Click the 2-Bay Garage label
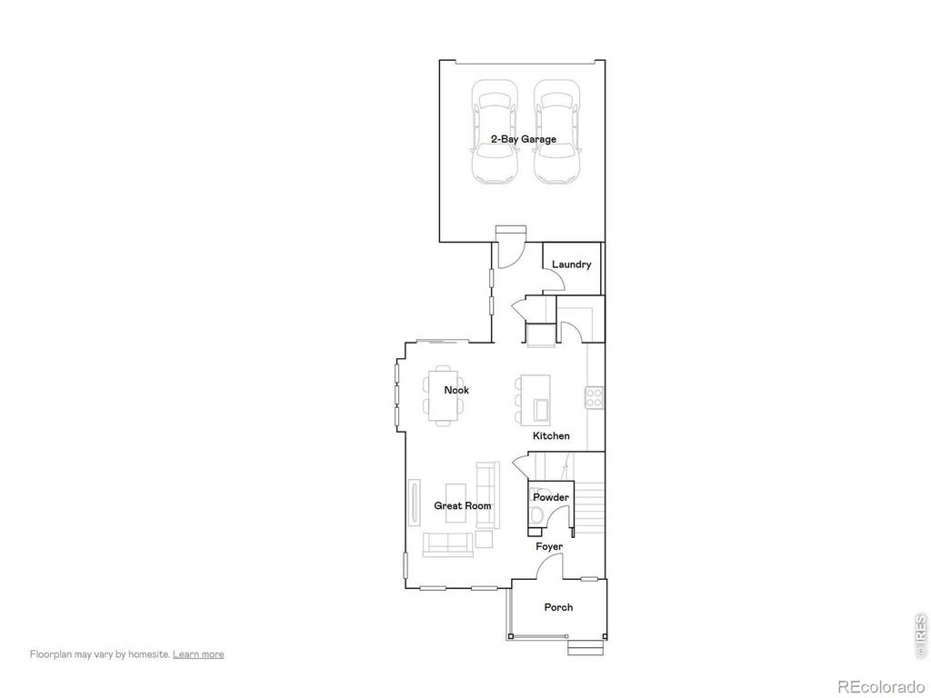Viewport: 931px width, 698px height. coord(523,139)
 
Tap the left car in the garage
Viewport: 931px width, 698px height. coord(495,133)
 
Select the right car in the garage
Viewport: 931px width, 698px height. coord(556,133)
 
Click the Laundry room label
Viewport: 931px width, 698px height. coord(571,264)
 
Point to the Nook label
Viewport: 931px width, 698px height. coord(456,390)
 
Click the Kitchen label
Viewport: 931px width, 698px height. coord(551,436)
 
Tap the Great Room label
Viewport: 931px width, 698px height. coord(462,505)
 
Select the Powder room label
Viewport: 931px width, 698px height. coord(551,497)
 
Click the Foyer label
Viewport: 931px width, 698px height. coord(548,546)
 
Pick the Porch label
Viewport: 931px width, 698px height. coord(558,607)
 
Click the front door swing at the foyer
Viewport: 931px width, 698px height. coord(549,567)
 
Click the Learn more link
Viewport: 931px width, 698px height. coord(198,653)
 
